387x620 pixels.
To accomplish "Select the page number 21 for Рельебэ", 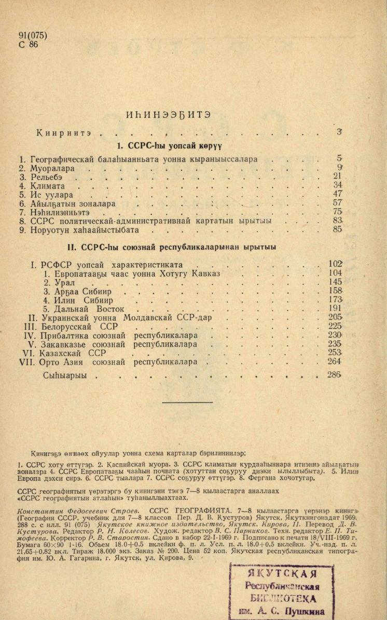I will point(338,176).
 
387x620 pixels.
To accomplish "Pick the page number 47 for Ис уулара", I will point(338,194).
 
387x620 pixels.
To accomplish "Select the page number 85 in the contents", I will point(338,229).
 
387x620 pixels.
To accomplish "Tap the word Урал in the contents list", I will point(66,282).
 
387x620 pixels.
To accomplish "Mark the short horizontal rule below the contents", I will point(194,402).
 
